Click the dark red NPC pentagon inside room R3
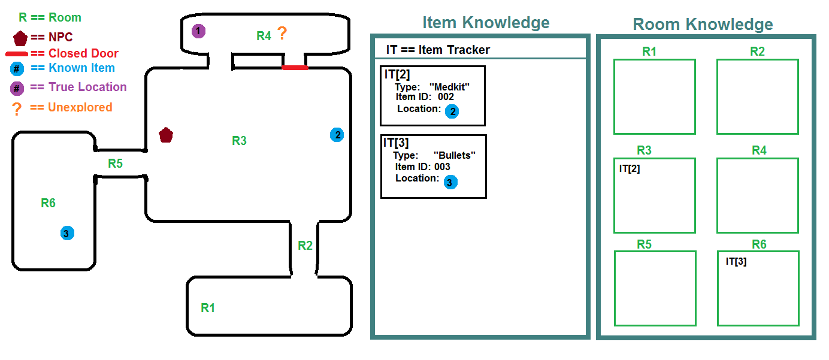point(166,135)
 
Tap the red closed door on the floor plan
point(295,68)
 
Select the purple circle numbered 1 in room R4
point(198,31)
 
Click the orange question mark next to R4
point(282,34)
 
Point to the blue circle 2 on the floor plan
point(337,135)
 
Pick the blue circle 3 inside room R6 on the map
point(67,233)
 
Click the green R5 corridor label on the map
point(115,163)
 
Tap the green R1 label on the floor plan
point(208,308)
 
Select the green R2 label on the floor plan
point(305,245)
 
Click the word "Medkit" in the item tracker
point(449,87)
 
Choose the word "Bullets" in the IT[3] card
point(454,156)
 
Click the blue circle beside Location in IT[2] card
point(452,111)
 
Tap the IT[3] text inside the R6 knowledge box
point(736,261)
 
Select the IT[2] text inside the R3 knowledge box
point(630,169)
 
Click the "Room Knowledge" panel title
point(703,25)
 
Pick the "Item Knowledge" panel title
point(486,23)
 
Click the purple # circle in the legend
point(17,88)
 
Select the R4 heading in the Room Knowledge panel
point(759,150)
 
